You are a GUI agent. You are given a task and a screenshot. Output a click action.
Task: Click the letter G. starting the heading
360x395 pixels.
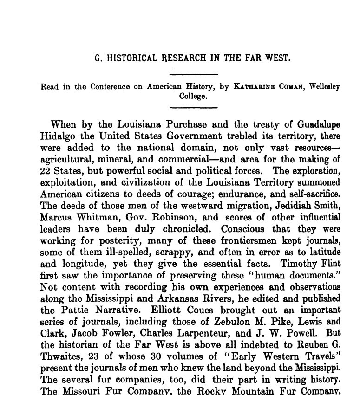(97, 59)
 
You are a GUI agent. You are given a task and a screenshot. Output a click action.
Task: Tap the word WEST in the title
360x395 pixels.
(279, 59)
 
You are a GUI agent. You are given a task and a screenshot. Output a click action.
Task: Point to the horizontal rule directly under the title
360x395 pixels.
(194, 74)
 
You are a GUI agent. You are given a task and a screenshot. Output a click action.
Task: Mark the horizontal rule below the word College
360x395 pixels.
(194, 107)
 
